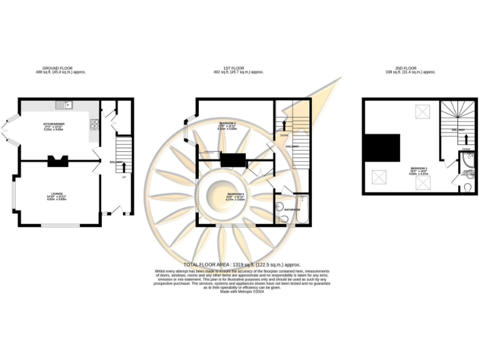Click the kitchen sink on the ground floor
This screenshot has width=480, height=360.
65,104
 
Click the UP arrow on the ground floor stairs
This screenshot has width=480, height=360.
123,167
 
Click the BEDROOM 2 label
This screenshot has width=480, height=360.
226,124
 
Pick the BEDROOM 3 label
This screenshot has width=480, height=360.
235,196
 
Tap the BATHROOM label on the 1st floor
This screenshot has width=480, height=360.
294,209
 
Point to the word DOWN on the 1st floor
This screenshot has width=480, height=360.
284,135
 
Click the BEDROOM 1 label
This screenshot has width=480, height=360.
419,169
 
